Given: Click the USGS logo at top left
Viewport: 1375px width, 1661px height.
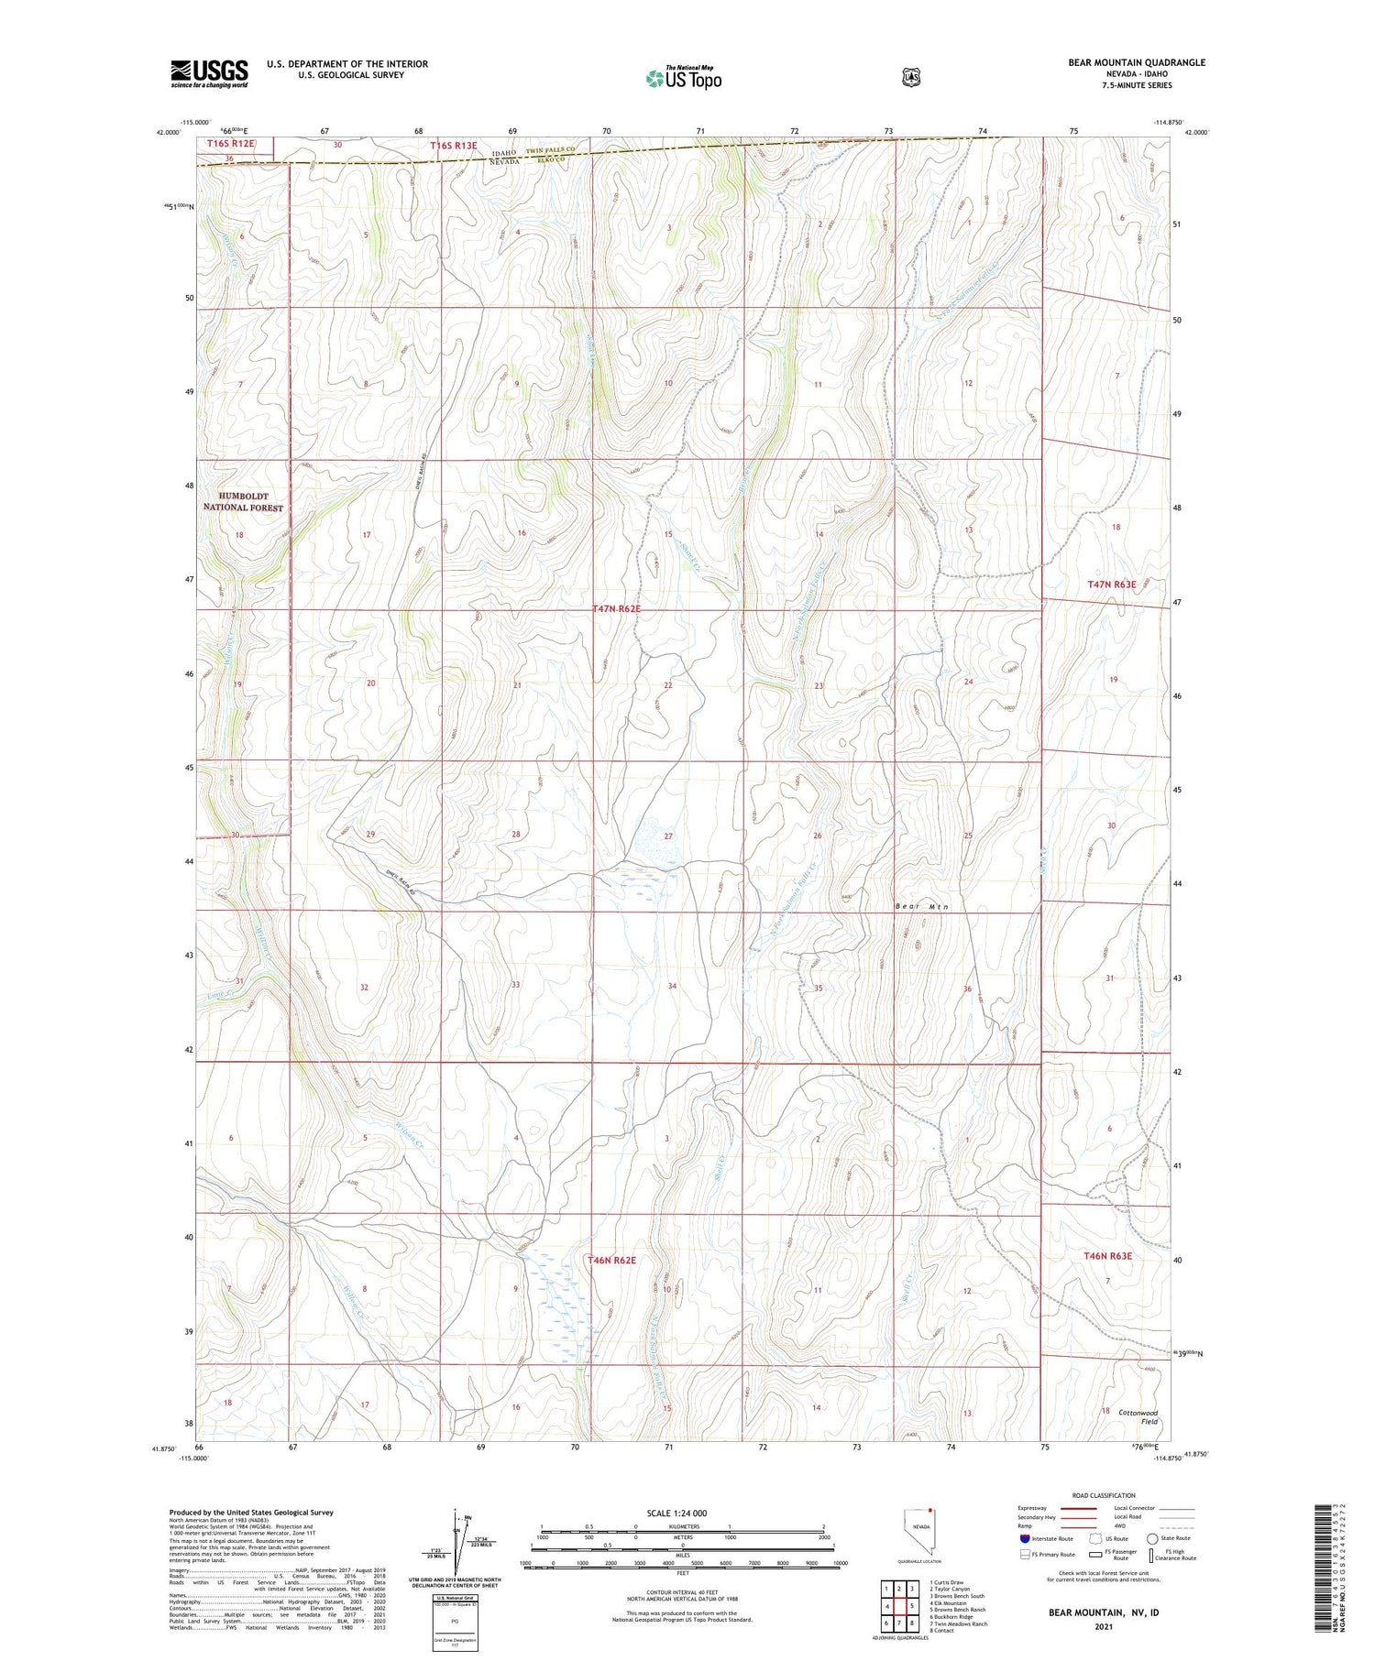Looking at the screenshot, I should click(209, 73).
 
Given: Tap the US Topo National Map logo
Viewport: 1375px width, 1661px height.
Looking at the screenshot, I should click(683, 78).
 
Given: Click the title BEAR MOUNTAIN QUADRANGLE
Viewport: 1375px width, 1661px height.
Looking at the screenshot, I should click(1123, 62).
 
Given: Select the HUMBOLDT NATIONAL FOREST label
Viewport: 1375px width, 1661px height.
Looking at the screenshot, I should click(243, 501).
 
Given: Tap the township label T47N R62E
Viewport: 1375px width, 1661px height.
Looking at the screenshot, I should click(626, 608).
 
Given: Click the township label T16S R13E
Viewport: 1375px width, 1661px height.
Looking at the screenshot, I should click(454, 145).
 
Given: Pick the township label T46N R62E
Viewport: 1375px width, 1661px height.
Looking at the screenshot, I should click(611, 1261).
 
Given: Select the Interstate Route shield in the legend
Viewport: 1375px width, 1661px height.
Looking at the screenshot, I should click(1024, 1539).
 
